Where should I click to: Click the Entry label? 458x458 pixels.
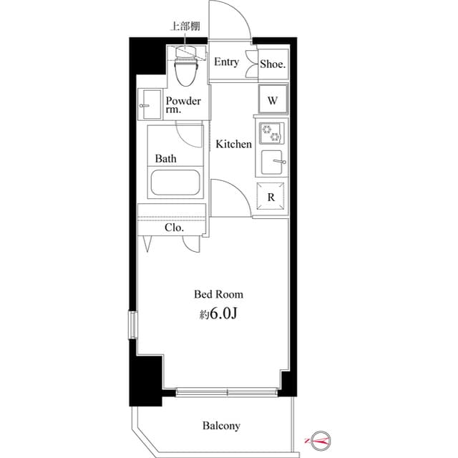[226, 62]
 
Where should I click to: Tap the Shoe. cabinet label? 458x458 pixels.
[273, 64]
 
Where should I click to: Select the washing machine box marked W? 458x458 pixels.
[273, 100]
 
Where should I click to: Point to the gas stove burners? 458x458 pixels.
[272, 133]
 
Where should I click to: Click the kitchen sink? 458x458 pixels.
[272, 162]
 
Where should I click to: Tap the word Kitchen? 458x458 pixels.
[234, 145]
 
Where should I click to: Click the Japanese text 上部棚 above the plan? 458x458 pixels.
[184, 27]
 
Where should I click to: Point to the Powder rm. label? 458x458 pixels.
[183, 105]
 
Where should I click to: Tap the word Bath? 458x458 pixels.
[166, 159]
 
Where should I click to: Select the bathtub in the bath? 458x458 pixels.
[177, 183]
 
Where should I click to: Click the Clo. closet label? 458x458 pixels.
[174, 228]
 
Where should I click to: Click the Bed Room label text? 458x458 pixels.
[219, 294]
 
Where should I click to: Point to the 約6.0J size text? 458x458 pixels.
[219, 314]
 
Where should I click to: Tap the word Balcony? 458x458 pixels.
[221, 426]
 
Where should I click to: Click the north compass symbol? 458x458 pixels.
[318, 439]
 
